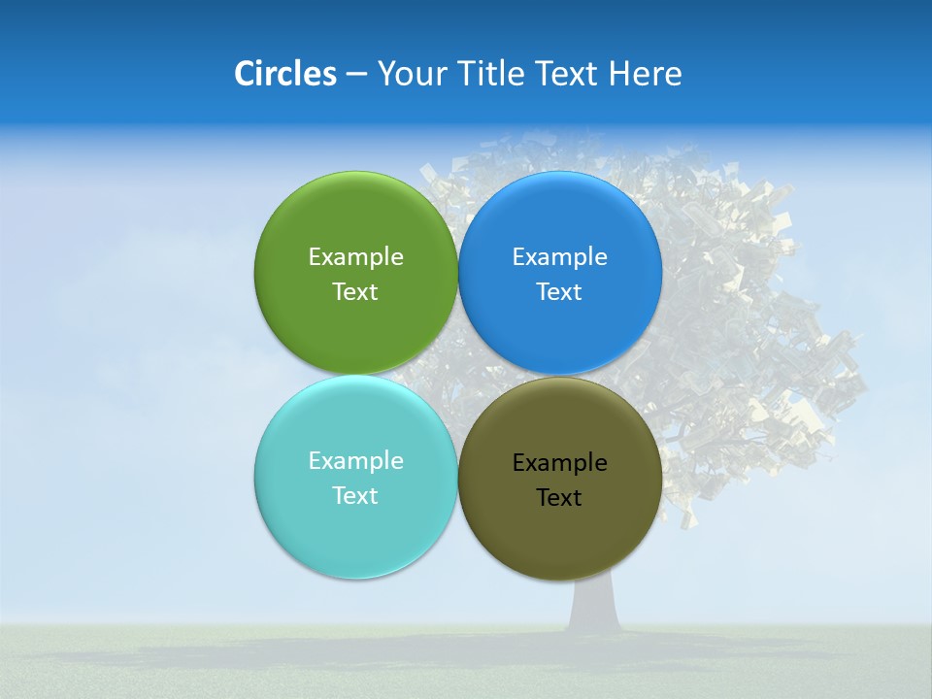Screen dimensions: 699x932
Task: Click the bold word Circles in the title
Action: [284, 74]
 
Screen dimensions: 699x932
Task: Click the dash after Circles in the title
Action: [355, 75]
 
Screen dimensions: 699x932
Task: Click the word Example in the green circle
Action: [355, 257]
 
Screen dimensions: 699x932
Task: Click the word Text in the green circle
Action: [355, 292]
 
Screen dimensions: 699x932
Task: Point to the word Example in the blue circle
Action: [559, 257]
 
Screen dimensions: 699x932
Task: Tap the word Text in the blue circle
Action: [559, 292]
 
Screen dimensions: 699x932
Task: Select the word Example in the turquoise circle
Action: [355, 461]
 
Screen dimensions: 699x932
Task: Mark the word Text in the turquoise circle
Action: [355, 496]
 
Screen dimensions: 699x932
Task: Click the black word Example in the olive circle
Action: [559, 463]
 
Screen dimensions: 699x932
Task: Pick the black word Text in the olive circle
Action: [559, 498]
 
